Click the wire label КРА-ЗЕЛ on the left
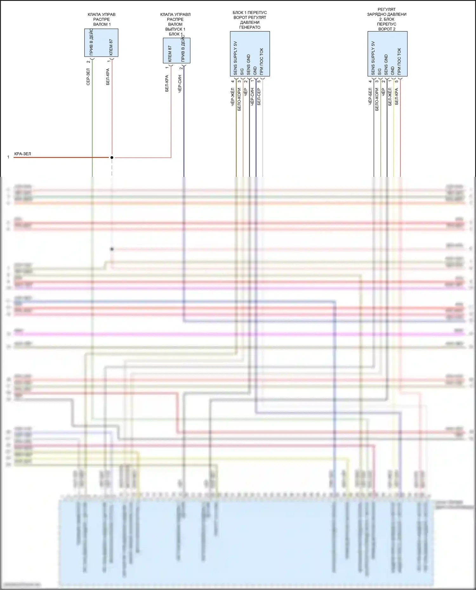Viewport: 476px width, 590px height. pyautogui.click(x=23, y=154)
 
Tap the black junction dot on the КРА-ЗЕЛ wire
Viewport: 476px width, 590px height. pyautogui.click(x=112, y=158)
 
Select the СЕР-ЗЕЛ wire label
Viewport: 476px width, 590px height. pyautogui.click(x=88, y=77)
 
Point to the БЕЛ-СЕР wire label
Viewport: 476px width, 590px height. pyautogui.click(x=259, y=97)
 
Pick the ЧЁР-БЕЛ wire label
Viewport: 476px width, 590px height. pyautogui.click(x=370, y=97)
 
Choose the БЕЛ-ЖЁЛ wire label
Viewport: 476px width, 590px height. pyautogui.click(x=390, y=97)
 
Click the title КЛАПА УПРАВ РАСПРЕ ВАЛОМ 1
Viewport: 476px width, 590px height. pyautogui.click(x=102, y=19)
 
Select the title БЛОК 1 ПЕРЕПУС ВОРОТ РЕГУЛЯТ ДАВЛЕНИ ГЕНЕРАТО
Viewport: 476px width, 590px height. pyautogui.click(x=250, y=20)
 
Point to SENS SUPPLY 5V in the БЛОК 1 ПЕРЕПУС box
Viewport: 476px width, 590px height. pyautogui.click(x=235, y=58)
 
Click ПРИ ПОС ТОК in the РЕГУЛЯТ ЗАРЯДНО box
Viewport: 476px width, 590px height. pyautogui.click(x=399, y=62)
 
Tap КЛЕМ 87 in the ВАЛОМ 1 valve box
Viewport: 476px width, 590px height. pyautogui.click(x=111, y=47)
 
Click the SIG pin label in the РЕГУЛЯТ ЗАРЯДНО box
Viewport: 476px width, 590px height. pyautogui.click(x=380, y=72)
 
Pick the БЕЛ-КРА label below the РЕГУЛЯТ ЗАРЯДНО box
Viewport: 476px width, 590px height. pyautogui.click(x=397, y=97)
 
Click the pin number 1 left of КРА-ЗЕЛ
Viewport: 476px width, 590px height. pyautogui.click(x=8, y=157)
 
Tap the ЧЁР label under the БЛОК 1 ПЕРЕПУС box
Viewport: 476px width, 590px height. pyautogui.click(x=246, y=92)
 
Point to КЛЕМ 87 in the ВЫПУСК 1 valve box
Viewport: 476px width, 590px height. pyautogui.click(x=170, y=54)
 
